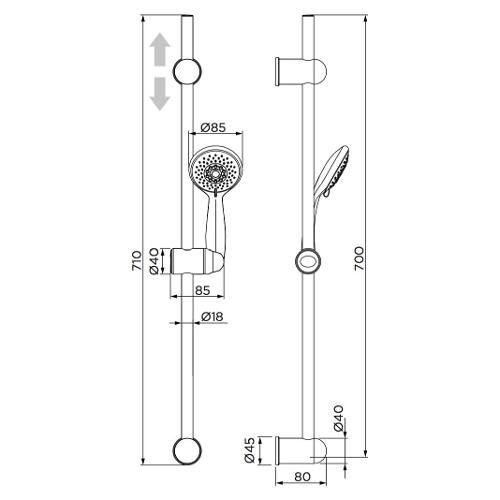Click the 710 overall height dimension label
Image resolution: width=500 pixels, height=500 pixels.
pyautogui.click(x=137, y=261)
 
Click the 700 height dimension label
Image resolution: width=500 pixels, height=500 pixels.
pyautogui.click(x=359, y=258)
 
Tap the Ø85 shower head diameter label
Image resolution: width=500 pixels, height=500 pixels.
pyautogui.click(x=213, y=127)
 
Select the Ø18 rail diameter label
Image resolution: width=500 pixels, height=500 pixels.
pyautogui.click(x=212, y=316)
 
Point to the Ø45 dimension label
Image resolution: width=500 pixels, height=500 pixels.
pyautogui.click(x=250, y=450)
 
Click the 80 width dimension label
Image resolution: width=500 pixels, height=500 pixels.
pyautogui.click(x=302, y=476)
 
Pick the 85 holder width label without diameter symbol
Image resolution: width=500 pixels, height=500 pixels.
pyautogui.click(x=203, y=290)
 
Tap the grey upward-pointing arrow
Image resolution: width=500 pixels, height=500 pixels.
pyautogui.click(x=160, y=49)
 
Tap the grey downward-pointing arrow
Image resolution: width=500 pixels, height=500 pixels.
pyautogui.click(x=160, y=94)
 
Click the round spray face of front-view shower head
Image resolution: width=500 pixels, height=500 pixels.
pyautogui.click(x=215, y=172)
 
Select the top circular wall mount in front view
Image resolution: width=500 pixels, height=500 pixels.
pyautogui.click(x=187, y=71)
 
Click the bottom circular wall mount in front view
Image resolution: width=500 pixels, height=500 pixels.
pyautogui.click(x=187, y=450)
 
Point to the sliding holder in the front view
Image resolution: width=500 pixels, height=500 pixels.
pyautogui.click(x=197, y=261)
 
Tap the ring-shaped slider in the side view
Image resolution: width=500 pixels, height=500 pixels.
pyautogui.click(x=308, y=261)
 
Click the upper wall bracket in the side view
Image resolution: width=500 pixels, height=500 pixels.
pyautogui.click(x=301, y=72)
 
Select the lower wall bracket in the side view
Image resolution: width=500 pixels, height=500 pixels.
pyautogui.click(x=301, y=450)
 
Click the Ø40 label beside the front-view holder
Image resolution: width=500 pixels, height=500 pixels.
pyautogui.click(x=154, y=261)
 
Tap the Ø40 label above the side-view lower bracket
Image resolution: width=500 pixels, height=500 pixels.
pyautogui.click(x=338, y=418)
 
